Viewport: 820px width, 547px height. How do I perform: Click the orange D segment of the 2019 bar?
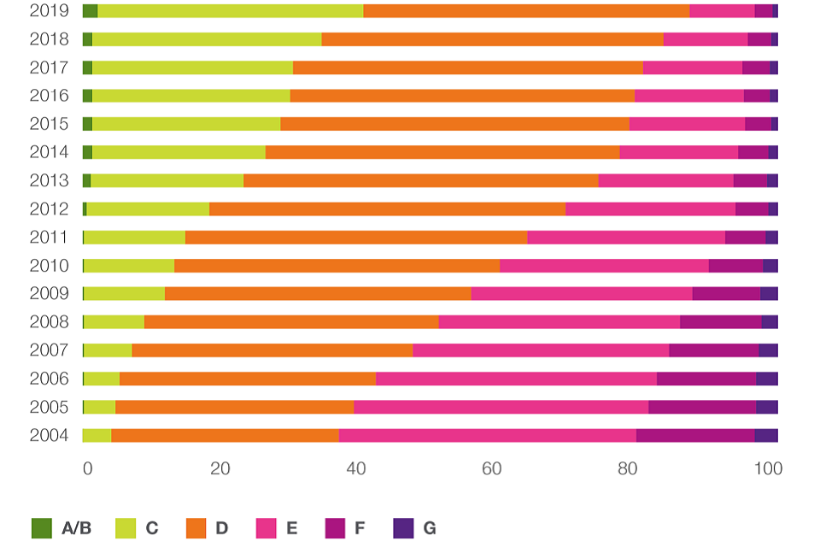click(526, 11)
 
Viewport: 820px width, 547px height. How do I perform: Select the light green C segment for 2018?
click(207, 39)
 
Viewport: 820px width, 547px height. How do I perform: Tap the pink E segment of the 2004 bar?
click(487, 435)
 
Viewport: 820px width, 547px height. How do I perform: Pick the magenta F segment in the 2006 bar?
click(706, 379)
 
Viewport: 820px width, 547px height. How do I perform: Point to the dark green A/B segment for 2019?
click(90, 11)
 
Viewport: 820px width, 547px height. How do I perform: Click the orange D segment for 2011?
click(356, 238)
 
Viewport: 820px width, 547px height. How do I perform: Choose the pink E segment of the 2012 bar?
click(650, 209)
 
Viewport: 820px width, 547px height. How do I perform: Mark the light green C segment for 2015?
click(186, 124)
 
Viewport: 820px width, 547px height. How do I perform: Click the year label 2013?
click(48, 180)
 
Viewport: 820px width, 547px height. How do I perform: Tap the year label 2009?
click(48, 294)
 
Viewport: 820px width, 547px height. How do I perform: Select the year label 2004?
click(48, 435)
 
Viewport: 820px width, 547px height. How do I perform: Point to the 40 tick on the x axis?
click(356, 469)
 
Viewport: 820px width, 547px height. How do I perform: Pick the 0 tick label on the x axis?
click(87, 469)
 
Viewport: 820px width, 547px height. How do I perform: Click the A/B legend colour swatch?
click(42, 528)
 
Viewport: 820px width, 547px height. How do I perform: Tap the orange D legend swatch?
click(196, 528)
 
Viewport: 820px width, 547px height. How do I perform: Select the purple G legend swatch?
click(403, 528)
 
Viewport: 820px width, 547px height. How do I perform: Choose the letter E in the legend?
click(292, 528)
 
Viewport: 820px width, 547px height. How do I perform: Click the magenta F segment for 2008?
click(720, 322)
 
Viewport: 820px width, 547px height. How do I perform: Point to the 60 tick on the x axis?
click(492, 469)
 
